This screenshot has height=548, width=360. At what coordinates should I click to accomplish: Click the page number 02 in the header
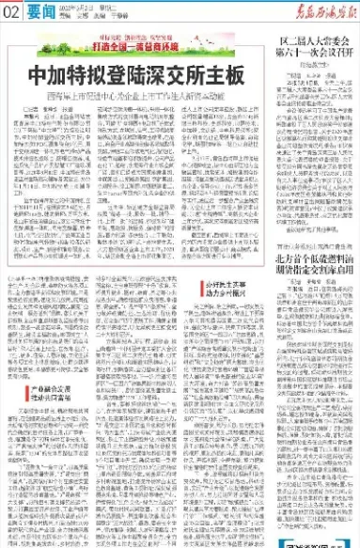coord(10,12)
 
